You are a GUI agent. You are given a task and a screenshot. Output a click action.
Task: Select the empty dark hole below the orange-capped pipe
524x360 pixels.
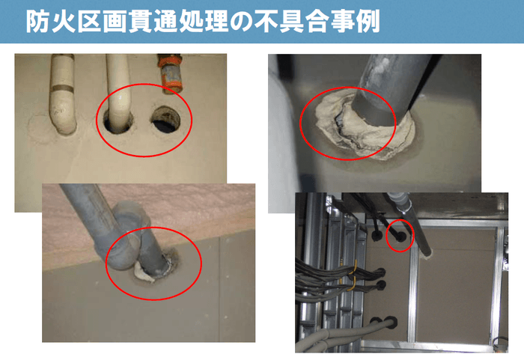(x=167, y=120)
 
